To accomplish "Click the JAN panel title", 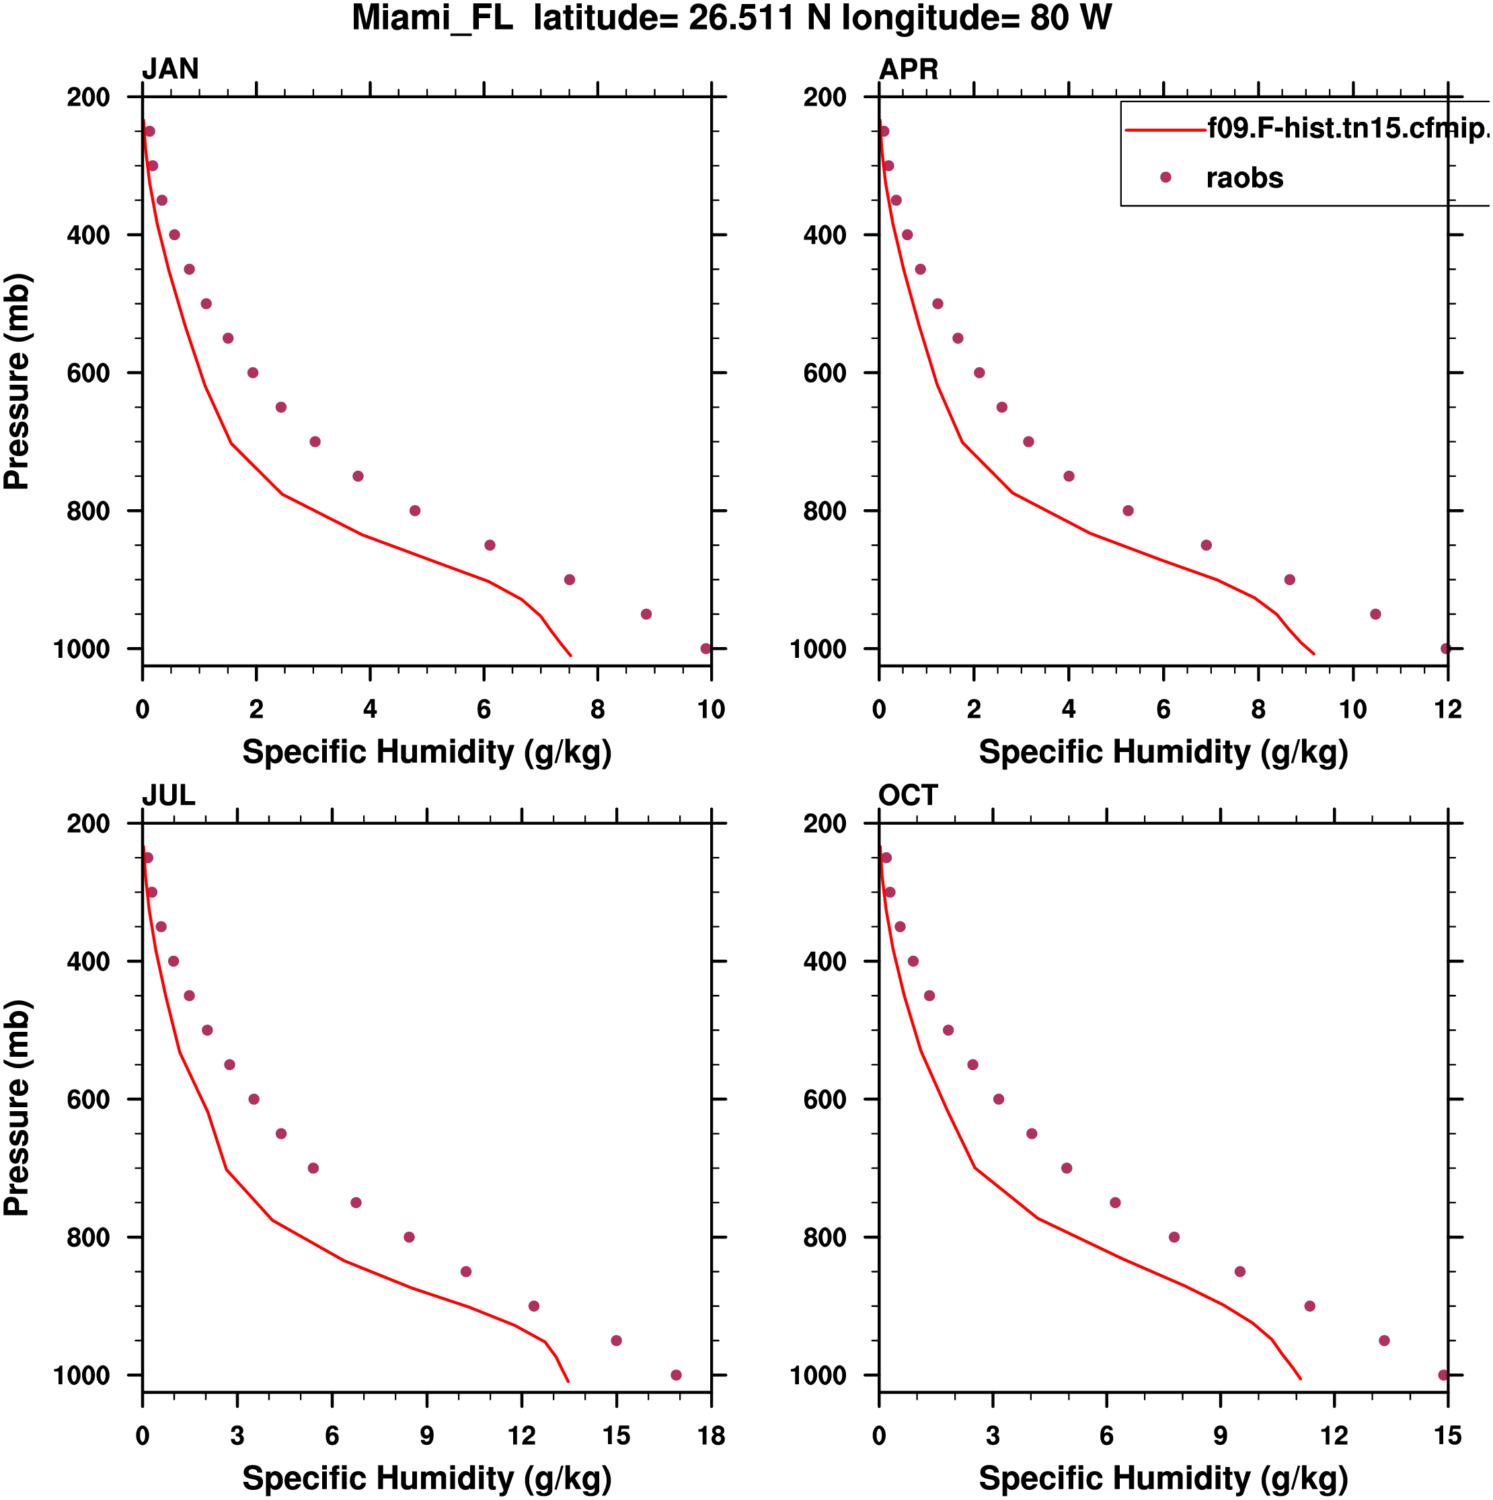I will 170,69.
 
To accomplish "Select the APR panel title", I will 908,69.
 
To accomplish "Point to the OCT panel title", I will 908,795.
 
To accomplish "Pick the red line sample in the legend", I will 1165,130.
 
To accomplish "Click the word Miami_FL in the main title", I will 432,17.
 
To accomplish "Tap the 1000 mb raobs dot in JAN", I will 705,648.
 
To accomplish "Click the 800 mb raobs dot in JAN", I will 414,511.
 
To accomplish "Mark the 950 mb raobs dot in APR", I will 1375,614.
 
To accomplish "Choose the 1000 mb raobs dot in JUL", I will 675,1375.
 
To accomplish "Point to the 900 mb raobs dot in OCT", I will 1309,1306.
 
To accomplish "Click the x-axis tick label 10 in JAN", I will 710,709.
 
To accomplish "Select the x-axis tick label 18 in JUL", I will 710,1435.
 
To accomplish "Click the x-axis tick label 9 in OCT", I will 1220,1435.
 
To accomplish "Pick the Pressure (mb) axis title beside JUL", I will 17,1107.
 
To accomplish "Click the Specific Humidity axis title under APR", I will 1162,751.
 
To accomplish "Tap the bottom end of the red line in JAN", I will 571,655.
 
